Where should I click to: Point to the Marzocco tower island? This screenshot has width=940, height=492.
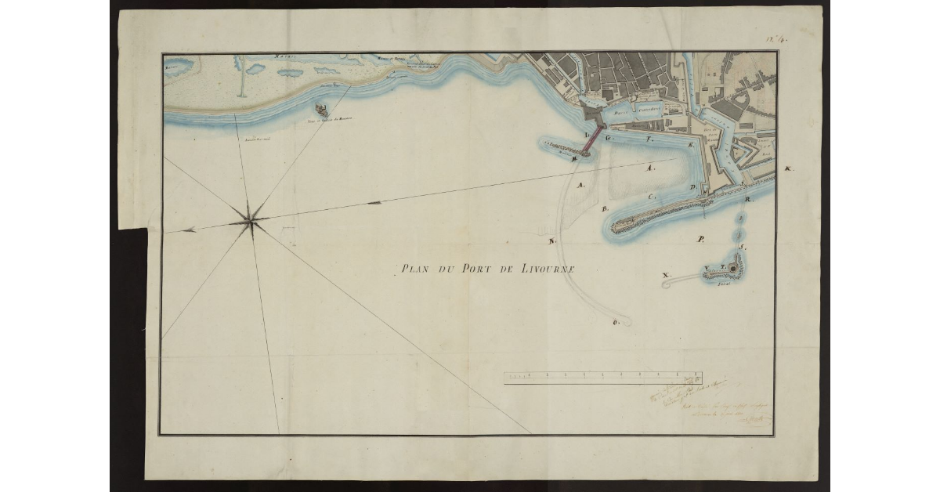pos(320,110)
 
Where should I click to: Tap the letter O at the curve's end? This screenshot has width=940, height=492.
pos(617,322)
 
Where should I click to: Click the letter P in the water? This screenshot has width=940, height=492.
pos(701,239)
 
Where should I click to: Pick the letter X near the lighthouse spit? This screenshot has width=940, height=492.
pos(666,276)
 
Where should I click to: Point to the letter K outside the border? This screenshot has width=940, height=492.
pos(789,168)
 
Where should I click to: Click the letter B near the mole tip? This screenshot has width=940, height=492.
pos(605,209)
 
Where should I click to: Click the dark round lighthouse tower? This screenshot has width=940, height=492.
pos(733,269)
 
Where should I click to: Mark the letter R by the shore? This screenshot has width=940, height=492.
pos(749,201)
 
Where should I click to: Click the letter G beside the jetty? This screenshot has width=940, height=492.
pos(608,137)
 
